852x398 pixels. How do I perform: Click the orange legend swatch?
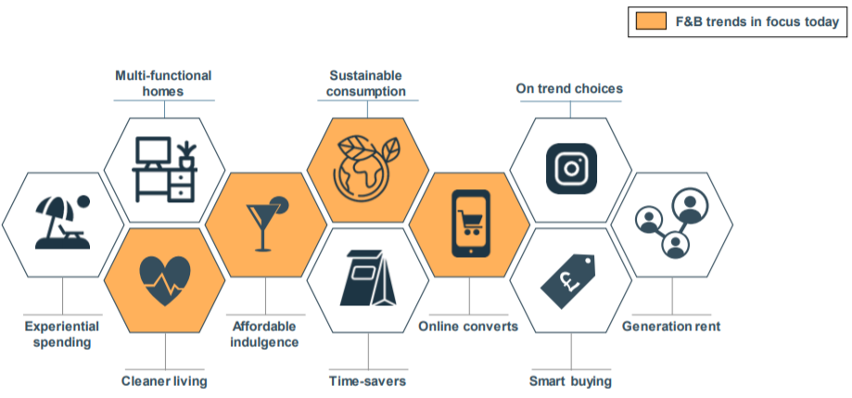coord(651,21)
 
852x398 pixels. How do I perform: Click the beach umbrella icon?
coord(62,222)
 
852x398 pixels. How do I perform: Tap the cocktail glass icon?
coord(267,223)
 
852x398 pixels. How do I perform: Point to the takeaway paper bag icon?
coord(368,277)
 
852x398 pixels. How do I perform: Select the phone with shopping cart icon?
coord(471,224)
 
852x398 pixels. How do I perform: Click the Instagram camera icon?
coord(571,169)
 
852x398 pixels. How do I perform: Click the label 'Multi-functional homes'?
coord(163,83)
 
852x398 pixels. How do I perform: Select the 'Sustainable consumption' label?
coord(368,83)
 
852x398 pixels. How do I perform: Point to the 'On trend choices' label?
coord(569,88)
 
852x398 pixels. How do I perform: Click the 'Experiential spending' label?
coord(62,334)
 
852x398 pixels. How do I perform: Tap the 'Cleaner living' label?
coord(164,381)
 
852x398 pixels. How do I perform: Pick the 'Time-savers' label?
coord(368,381)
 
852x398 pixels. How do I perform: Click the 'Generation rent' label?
coord(671,327)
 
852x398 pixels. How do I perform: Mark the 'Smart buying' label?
coord(570,381)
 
